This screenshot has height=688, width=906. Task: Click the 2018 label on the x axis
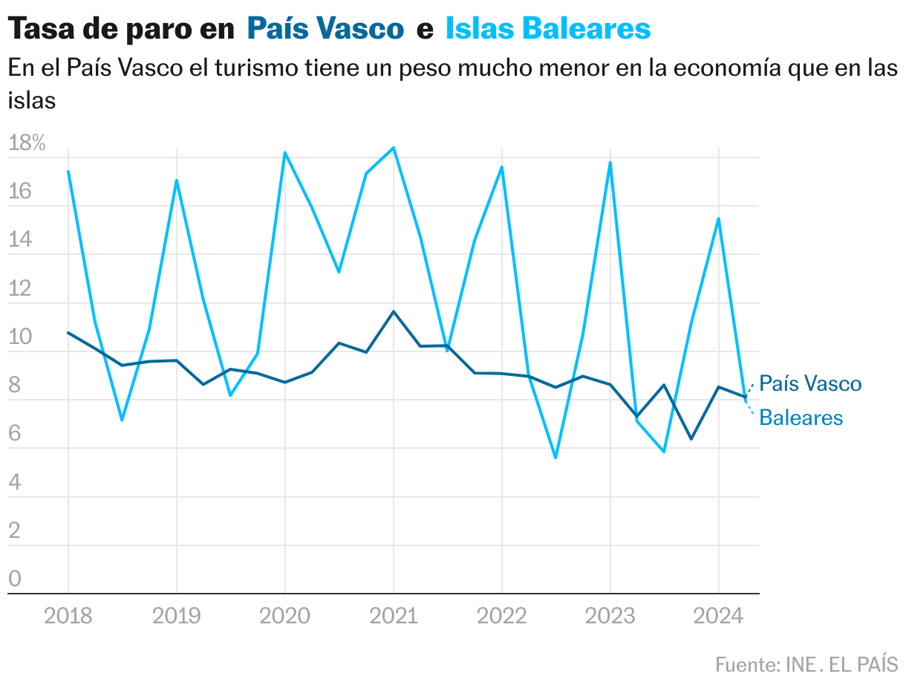[x=68, y=617]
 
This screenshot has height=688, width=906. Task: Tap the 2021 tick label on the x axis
[x=394, y=617]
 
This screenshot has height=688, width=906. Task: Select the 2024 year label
[x=718, y=617]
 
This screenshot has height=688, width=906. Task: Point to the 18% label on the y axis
[x=27, y=144]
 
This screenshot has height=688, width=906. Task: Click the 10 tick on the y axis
[x=20, y=337]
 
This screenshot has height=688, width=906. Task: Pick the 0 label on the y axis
[x=15, y=579]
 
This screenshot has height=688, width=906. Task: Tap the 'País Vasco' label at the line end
[x=810, y=384]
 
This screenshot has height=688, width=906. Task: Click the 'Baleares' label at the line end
[x=801, y=418]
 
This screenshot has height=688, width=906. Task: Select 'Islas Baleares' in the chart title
[x=548, y=29]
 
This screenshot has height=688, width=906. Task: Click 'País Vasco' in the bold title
[x=325, y=29]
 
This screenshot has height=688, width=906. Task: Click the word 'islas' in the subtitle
[x=32, y=100]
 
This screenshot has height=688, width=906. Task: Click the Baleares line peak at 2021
[x=394, y=148]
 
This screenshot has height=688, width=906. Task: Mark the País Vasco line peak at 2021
[x=394, y=311]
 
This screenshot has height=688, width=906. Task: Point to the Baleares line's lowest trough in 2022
[x=555, y=458]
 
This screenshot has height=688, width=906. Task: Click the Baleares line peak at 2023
[x=610, y=163]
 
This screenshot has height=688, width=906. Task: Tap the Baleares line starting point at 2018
[x=68, y=172]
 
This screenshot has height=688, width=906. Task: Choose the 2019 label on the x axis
[x=177, y=617]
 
